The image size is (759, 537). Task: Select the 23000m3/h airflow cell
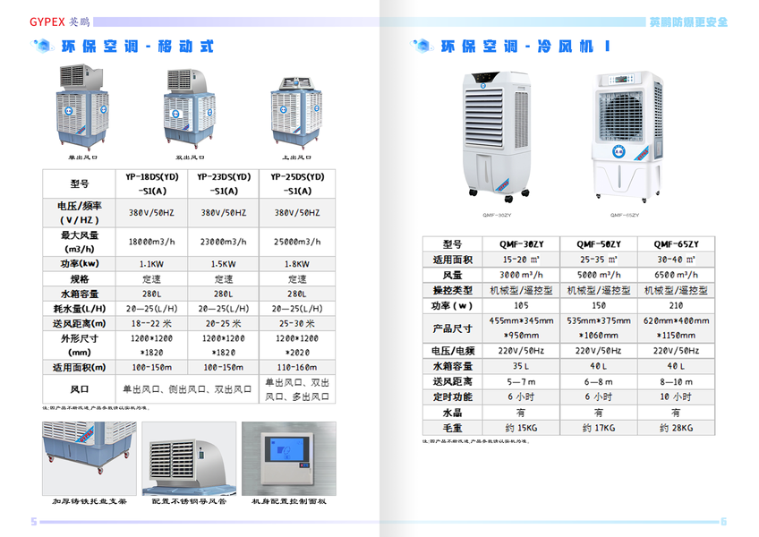[224, 243]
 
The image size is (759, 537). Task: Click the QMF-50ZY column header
[598, 244]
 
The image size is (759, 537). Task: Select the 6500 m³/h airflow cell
[676, 275]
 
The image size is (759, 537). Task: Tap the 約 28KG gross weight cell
[676, 429]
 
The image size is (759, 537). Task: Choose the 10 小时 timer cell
[676, 396]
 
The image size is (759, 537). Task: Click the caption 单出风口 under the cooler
[82, 157]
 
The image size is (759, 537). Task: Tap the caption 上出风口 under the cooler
[296, 157]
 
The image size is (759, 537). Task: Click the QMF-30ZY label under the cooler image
[496, 215]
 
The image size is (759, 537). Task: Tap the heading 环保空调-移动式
[136, 47]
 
